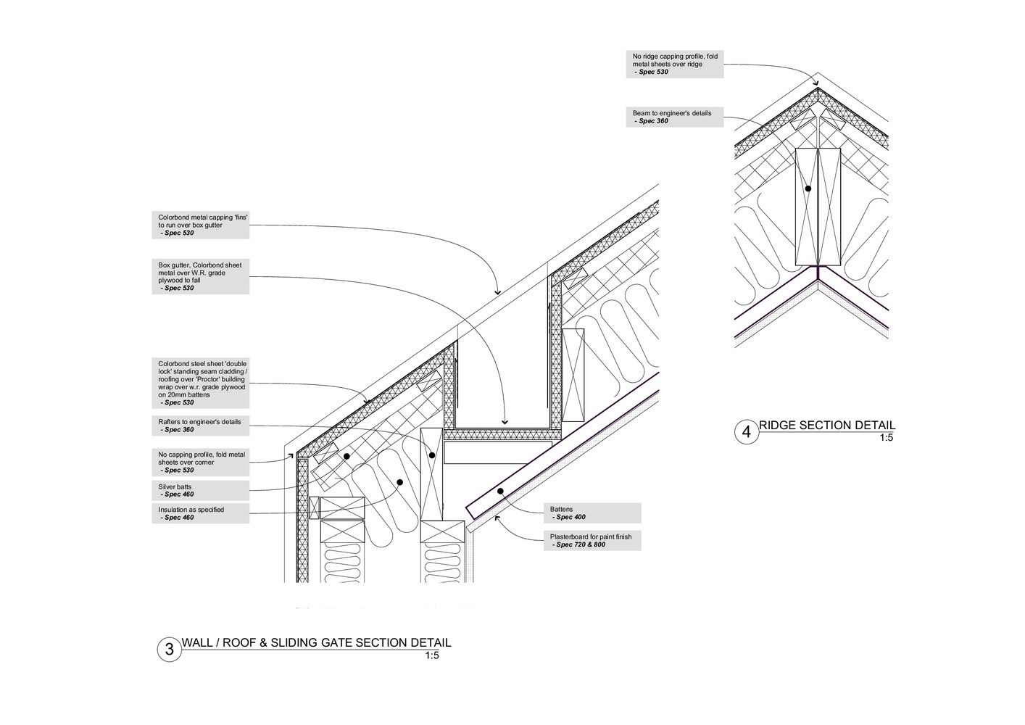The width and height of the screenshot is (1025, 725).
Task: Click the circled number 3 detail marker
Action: pyautogui.click(x=170, y=650)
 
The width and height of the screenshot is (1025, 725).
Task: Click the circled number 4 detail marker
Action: pyautogui.click(x=747, y=432)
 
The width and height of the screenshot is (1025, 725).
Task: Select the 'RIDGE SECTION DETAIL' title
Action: pyautogui.click(x=827, y=425)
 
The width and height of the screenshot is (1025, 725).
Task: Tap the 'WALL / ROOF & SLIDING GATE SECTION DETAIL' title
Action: pyautogui.click(x=316, y=642)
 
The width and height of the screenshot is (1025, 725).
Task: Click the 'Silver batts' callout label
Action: pyautogui.click(x=200, y=490)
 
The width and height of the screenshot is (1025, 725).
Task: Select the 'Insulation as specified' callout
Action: pyautogui.click(x=200, y=513)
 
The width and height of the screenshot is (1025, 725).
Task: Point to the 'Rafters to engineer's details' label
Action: pyautogui.click(x=200, y=426)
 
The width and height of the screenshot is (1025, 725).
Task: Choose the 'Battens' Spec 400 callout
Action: pyautogui.click(x=592, y=513)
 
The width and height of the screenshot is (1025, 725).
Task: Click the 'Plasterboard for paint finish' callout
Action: pyautogui.click(x=592, y=541)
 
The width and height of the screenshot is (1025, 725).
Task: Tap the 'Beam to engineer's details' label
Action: pyautogui.click(x=674, y=117)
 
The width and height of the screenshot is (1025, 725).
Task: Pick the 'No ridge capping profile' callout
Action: pyautogui.click(x=674, y=64)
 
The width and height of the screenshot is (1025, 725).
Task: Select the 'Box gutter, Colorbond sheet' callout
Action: pyautogui.click(x=200, y=276)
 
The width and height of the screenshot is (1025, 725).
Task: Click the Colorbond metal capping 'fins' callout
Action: pyautogui.click(x=200, y=225)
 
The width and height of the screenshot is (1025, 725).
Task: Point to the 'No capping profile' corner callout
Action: pyautogui.click(x=200, y=463)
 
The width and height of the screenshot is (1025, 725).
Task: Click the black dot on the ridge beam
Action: pyautogui.click(x=808, y=188)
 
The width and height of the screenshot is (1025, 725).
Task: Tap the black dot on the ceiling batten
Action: pyautogui.click(x=501, y=491)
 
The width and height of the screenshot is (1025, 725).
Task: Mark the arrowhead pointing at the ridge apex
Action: pyautogui.click(x=816, y=83)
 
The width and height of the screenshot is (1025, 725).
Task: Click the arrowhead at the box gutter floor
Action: pyautogui.click(x=505, y=422)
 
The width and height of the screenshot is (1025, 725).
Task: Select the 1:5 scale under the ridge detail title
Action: pyautogui.click(x=887, y=438)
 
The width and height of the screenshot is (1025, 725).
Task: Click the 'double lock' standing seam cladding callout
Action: pyautogui.click(x=200, y=383)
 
